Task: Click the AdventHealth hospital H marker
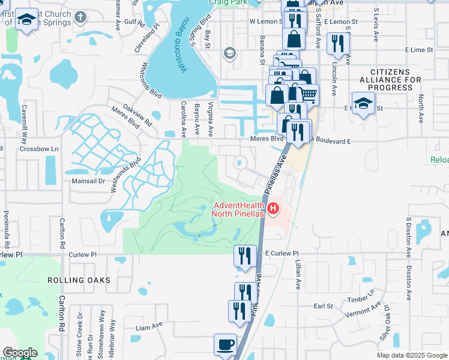tap(274, 209)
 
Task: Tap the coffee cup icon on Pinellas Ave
tap(226, 345)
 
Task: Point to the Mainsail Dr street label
tap(88, 180)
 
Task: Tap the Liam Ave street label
tap(149, 327)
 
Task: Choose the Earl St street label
tap(324, 306)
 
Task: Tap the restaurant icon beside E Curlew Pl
tap(245, 256)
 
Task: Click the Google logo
tap(20, 353)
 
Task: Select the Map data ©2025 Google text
tap(411, 355)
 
